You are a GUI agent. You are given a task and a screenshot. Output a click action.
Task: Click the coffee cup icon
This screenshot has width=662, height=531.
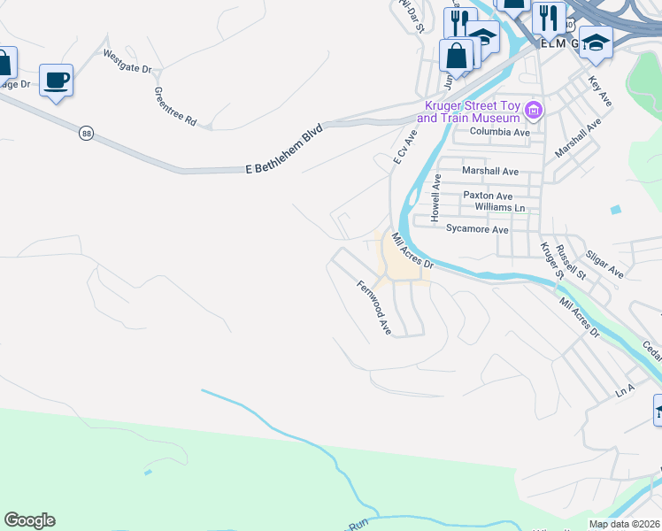tap(56, 80)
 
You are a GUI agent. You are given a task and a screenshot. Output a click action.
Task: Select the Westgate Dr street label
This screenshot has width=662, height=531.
tap(128, 61)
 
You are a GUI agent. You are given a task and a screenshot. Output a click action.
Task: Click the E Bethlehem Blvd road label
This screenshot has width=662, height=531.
tap(285, 147)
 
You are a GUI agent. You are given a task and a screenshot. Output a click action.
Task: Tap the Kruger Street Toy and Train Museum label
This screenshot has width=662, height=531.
tap(467, 112)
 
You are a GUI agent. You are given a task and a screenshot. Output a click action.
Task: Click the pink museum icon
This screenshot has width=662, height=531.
tap(534, 111)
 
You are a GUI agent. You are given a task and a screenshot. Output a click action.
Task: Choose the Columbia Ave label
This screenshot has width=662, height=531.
tap(499, 133)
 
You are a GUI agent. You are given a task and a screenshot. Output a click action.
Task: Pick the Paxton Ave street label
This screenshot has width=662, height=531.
tap(489, 196)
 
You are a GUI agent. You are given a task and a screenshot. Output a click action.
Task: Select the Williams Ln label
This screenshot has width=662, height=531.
tap(500, 207)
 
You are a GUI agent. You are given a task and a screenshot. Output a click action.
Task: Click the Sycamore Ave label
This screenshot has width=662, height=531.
tap(478, 229)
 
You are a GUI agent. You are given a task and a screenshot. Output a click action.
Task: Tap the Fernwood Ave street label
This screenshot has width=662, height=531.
tap(374, 307)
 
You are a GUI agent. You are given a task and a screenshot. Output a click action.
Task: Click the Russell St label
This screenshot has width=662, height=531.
tap(577, 259)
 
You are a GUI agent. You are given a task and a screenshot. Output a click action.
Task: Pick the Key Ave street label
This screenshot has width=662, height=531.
tap(600, 91)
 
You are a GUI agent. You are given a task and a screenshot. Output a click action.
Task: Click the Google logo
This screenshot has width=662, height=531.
tap(29, 520)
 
